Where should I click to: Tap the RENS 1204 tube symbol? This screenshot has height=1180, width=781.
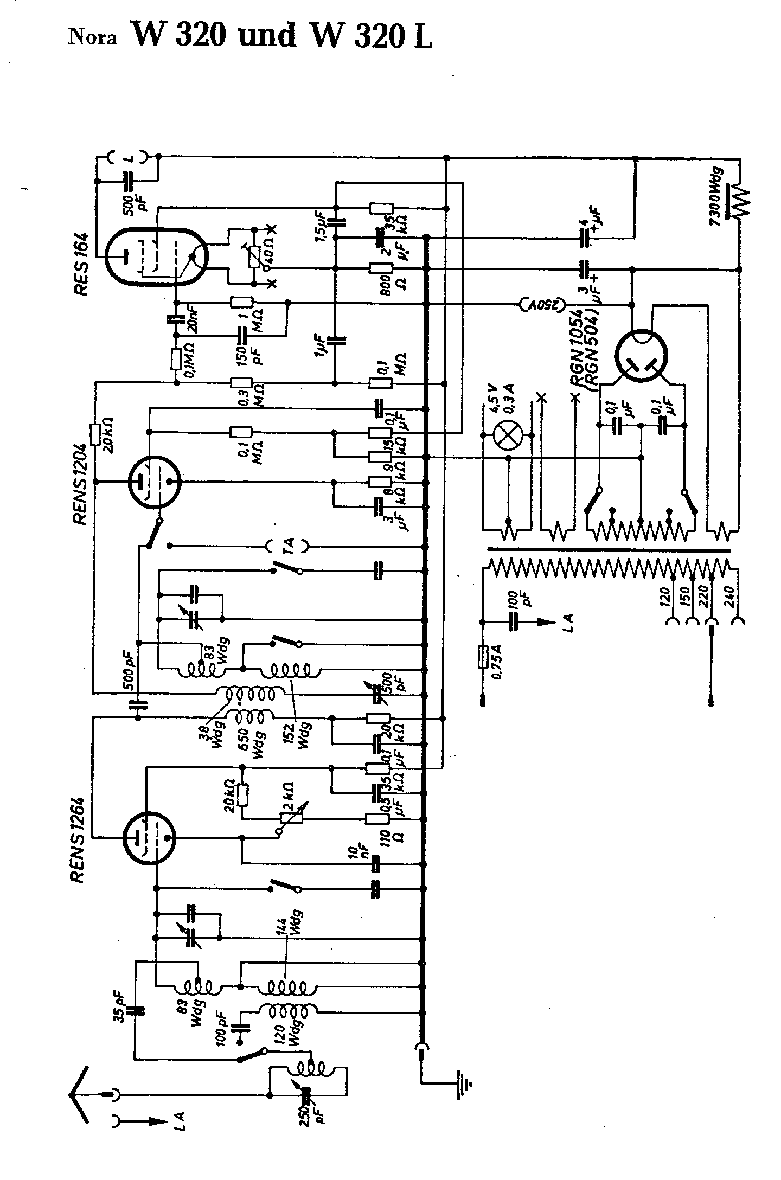coord(154,482)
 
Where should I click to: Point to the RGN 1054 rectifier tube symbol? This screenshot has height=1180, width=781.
coord(642,357)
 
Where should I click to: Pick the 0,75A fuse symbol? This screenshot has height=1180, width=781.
coord(482,657)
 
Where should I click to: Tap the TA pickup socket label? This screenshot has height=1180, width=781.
coord(289,544)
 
